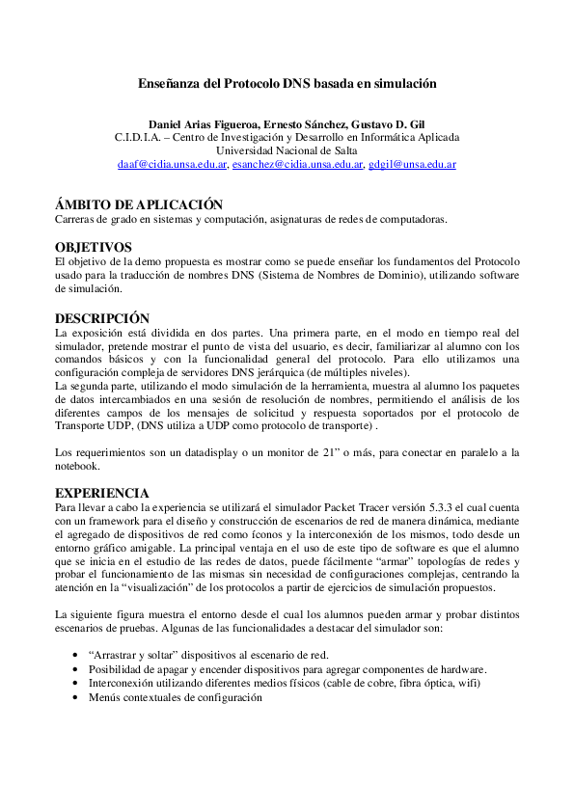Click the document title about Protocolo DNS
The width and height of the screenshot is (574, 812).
(287, 84)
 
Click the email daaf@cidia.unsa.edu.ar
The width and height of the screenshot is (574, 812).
(172, 165)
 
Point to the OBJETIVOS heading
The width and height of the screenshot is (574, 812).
(93, 247)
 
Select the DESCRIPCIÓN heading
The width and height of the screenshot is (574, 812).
(102, 317)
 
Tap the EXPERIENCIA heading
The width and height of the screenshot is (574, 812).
(101, 492)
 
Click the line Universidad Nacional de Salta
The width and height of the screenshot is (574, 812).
(287, 151)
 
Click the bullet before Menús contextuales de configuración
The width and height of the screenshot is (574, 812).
(76, 697)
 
